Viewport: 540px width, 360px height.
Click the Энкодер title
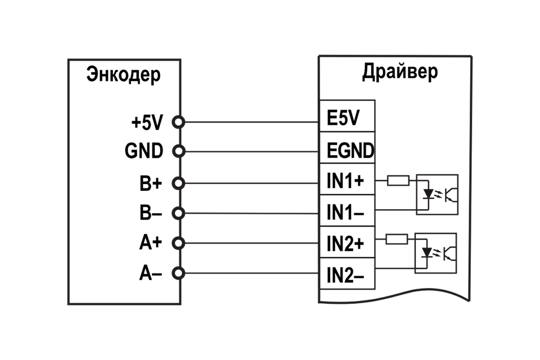click(x=123, y=75)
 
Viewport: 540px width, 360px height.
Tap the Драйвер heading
click(x=399, y=72)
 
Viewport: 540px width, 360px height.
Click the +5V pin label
click(x=147, y=121)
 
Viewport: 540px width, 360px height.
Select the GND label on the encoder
click(x=144, y=151)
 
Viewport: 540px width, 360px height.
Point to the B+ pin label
click(x=151, y=183)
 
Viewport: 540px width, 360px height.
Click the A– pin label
click(x=151, y=274)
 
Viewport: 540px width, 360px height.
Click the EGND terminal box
click(x=347, y=149)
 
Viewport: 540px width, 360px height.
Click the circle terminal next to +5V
click(x=178, y=121)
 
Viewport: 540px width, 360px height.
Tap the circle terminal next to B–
click(x=178, y=213)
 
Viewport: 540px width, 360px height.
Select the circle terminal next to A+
click(x=178, y=243)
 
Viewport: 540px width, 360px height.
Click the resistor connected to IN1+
click(x=398, y=181)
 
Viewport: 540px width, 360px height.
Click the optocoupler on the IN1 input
click(x=437, y=195)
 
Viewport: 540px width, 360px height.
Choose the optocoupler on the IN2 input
click(x=436, y=253)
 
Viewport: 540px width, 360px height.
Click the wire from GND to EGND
click(x=250, y=151)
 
